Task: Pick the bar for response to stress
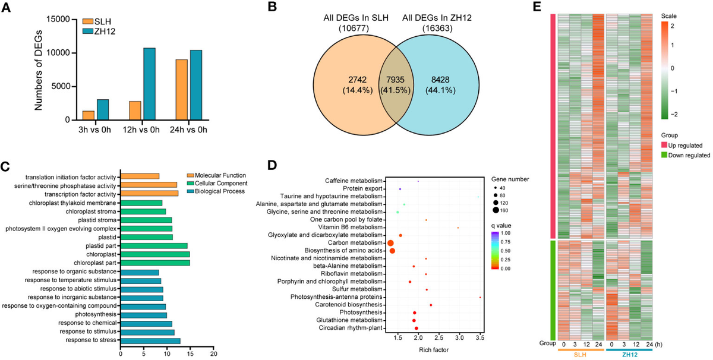150,340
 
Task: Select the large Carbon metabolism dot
391,243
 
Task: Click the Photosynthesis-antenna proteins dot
479,297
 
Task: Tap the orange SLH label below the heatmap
581,355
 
